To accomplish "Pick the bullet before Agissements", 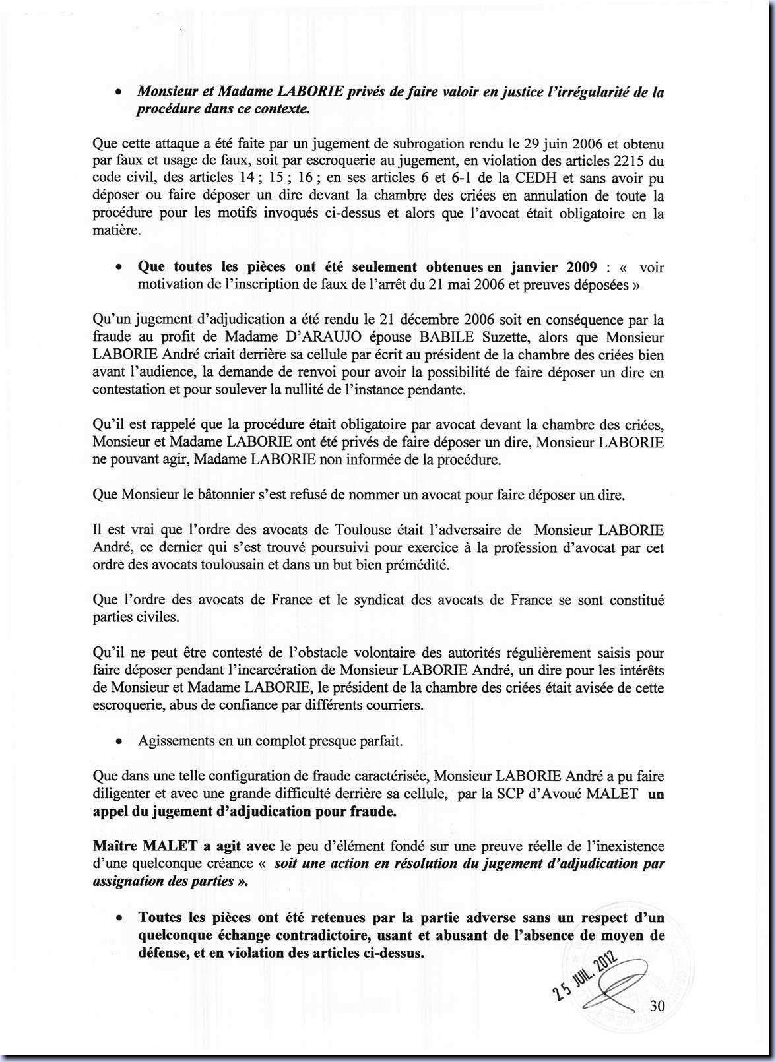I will [117, 741].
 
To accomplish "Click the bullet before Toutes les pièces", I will [117, 918].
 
